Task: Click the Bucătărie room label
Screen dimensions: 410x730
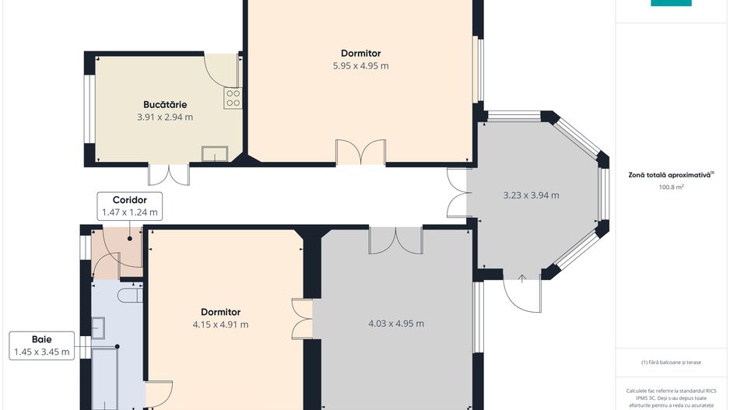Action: (x=164, y=104)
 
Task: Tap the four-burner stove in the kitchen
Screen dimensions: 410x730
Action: (x=232, y=98)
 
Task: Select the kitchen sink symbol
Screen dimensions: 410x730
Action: (x=214, y=153)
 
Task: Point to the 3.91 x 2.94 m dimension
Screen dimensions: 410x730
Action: (x=164, y=117)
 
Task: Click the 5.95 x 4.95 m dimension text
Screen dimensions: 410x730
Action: (x=360, y=66)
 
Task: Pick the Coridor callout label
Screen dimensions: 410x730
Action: (x=129, y=200)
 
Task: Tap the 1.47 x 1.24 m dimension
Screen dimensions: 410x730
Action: (x=129, y=212)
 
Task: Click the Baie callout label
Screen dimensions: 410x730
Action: (x=42, y=340)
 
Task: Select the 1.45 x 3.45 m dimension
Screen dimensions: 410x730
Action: (x=42, y=352)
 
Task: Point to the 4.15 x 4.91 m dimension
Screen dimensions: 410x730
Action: (x=220, y=324)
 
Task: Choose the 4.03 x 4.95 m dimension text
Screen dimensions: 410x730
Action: (x=395, y=324)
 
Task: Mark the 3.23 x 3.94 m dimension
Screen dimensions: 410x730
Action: (x=531, y=195)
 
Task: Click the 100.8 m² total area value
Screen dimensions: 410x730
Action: (x=671, y=187)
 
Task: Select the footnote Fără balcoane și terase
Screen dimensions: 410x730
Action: (x=671, y=363)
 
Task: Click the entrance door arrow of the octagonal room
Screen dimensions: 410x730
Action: (x=522, y=278)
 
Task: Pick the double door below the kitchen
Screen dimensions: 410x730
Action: (x=169, y=174)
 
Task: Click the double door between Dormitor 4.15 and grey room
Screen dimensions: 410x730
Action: (x=302, y=318)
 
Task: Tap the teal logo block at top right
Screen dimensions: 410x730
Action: (x=671, y=3)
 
